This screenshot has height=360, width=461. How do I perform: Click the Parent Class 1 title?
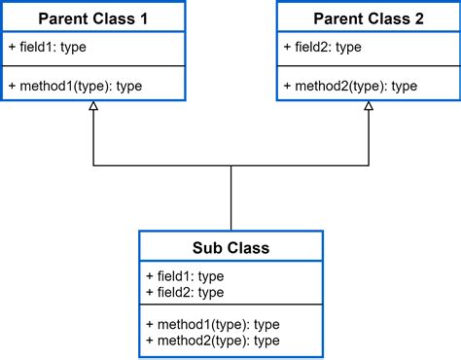(93, 18)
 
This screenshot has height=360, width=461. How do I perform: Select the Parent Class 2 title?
(369, 18)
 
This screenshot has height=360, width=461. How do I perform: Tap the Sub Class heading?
(230, 247)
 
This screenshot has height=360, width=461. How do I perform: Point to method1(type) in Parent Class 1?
(76, 86)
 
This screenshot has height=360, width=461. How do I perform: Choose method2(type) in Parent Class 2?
(351, 86)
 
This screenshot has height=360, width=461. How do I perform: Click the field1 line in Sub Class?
(185, 276)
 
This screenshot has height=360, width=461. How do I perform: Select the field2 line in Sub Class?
(185, 292)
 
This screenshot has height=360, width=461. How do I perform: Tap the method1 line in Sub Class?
(213, 324)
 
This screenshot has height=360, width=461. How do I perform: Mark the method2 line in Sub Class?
(213, 340)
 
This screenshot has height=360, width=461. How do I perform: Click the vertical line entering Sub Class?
(230, 199)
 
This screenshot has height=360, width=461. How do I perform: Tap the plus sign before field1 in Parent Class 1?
(12, 47)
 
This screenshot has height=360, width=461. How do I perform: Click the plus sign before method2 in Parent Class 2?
(287, 86)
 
